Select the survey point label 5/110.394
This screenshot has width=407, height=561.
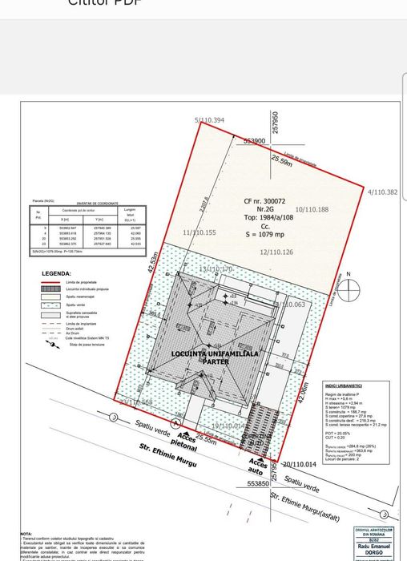click(x=209, y=121)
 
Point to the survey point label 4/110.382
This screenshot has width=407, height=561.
click(x=381, y=192)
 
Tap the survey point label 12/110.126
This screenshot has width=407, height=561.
click(x=276, y=252)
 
